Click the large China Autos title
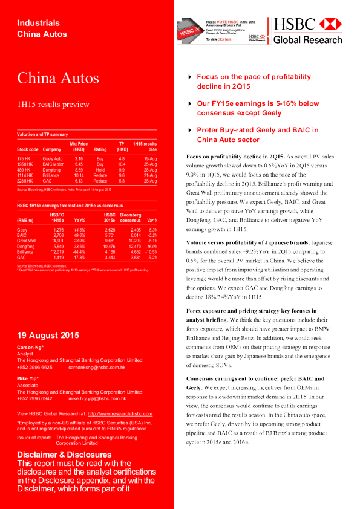click(x=57, y=78)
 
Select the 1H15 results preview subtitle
click(x=53, y=104)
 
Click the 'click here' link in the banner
click(x=224, y=39)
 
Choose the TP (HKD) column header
click(x=122, y=146)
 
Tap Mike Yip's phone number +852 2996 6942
click(x=34, y=398)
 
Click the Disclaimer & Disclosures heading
click(x=64, y=454)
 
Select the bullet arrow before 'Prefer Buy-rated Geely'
click(x=191, y=131)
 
